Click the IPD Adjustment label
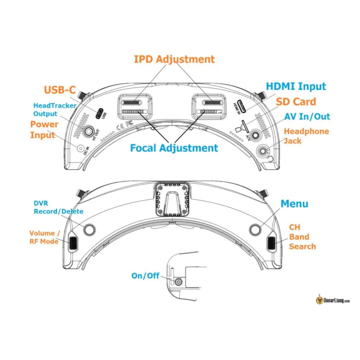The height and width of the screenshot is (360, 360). coord(174,59)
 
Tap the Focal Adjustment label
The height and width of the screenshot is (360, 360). coord(174,148)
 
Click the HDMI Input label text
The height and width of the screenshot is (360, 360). coord(296,86)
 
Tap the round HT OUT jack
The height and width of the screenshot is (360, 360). coord(88,131)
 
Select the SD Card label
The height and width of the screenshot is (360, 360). coord(296,102)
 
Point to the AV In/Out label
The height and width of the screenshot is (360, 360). coord(307,117)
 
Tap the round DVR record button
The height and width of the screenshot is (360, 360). coord(90,229)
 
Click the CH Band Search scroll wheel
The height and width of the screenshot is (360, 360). coord(271,243)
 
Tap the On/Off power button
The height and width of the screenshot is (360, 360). coord(178,281)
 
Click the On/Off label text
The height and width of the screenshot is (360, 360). coord(145,276)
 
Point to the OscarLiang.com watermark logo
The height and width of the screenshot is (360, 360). coord(333,300)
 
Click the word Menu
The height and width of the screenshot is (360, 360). coord(294,204)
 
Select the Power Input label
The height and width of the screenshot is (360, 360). coord(44,130)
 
